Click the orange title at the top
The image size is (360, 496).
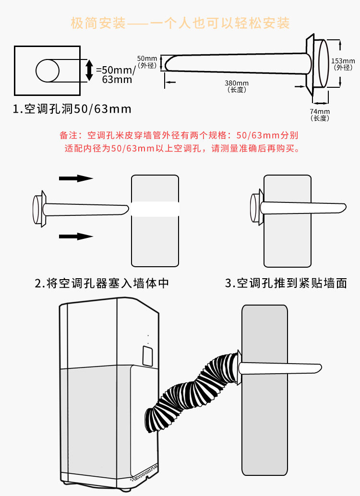(x=180, y=23)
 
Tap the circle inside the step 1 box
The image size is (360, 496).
(x=48, y=71)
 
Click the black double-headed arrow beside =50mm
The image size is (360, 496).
(x=89, y=70)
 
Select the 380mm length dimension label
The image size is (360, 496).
(x=236, y=86)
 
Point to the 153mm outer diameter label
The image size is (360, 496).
(x=343, y=64)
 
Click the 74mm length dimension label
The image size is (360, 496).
(x=319, y=114)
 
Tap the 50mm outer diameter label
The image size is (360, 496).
(x=146, y=61)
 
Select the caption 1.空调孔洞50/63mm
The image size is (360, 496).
(x=72, y=109)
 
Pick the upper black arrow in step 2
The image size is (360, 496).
(x=76, y=178)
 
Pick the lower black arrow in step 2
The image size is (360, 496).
(x=76, y=236)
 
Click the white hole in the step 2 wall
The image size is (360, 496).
(x=155, y=209)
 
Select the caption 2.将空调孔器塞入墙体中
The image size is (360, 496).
(x=102, y=283)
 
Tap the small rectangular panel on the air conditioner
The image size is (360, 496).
(x=147, y=354)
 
